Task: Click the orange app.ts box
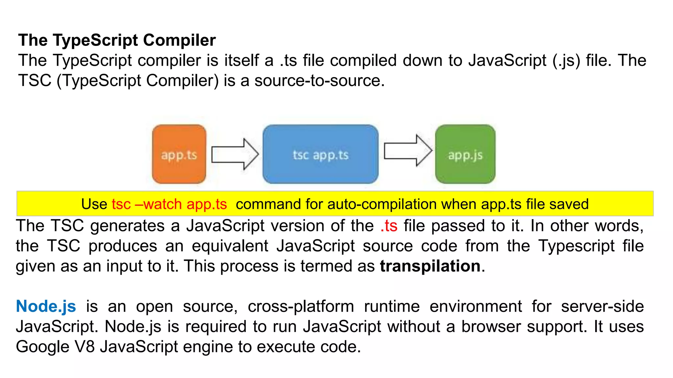[x=179, y=154]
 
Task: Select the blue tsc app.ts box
[x=320, y=154]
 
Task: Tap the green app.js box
[x=465, y=154]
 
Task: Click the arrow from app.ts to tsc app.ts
[x=235, y=154]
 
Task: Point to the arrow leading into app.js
[x=407, y=151]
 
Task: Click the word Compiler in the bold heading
[x=179, y=40]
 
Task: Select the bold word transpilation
[x=430, y=266]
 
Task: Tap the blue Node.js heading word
[x=46, y=306]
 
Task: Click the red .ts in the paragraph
[x=389, y=226]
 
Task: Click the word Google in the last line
[x=42, y=347]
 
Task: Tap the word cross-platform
[x=301, y=306]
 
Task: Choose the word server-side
[x=602, y=306]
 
